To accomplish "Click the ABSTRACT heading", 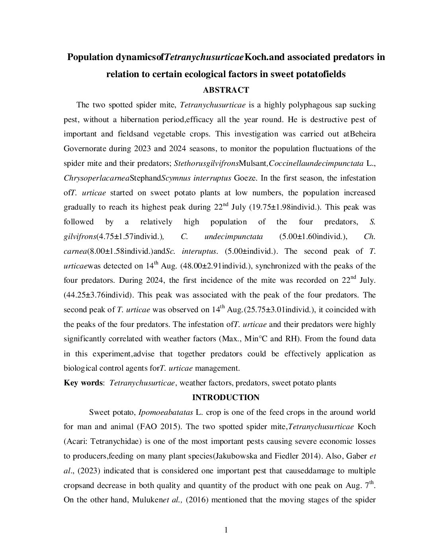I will (226, 90).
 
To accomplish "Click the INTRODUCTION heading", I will (226, 397).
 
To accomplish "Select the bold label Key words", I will (83, 383).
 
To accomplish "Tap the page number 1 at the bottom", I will (226, 530).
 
